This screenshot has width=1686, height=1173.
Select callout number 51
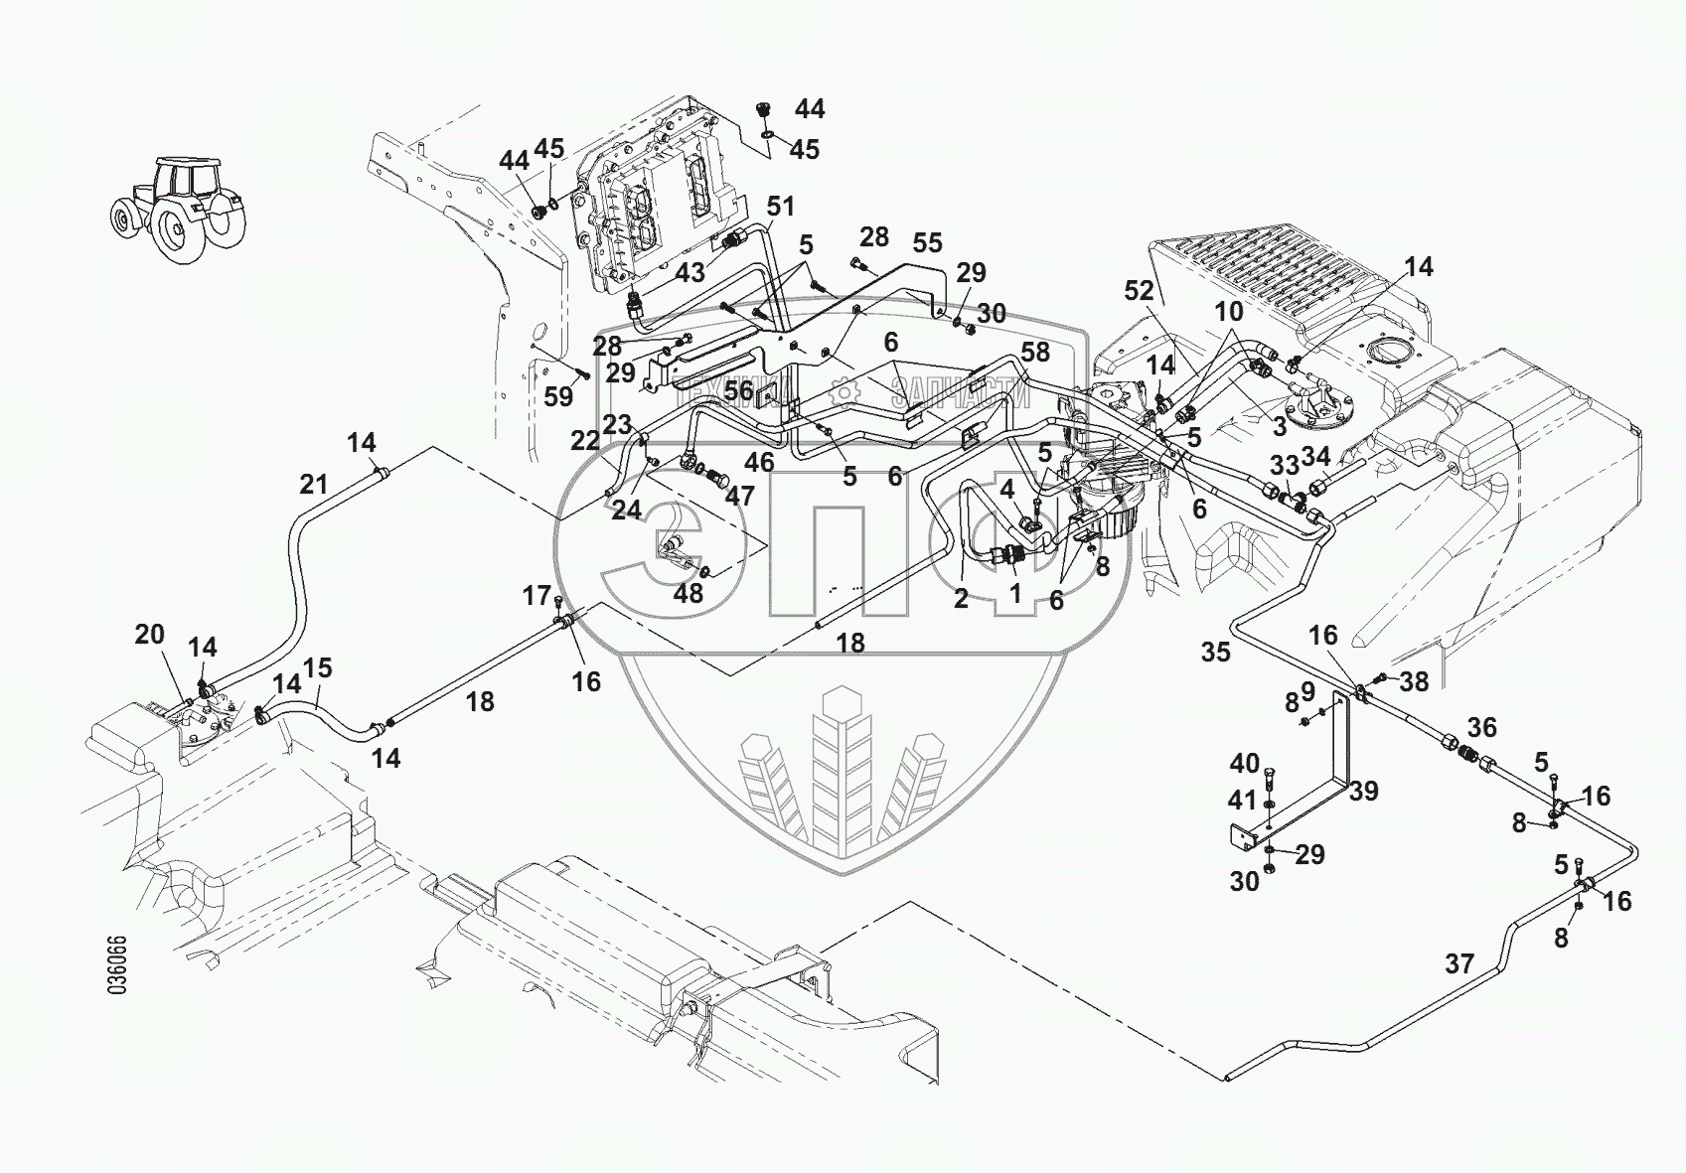(781, 207)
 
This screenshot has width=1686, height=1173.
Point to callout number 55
(928, 243)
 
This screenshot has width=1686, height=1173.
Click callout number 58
(1035, 351)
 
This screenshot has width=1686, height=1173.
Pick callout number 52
(1140, 291)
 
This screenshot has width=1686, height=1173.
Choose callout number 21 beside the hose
(314, 485)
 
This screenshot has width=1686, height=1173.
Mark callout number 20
(149, 634)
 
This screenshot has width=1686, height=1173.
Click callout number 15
(317, 667)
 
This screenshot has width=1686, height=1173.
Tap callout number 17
(536, 595)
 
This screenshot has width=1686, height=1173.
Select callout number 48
(689, 593)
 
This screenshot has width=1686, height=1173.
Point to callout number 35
(1216, 652)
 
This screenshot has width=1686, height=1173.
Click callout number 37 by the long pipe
(1459, 962)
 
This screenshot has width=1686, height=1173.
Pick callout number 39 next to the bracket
(1364, 791)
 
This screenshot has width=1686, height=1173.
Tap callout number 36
(1482, 727)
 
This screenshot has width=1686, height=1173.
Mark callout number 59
(559, 396)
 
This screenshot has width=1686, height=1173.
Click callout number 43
(690, 272)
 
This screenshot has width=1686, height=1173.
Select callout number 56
(738, 391)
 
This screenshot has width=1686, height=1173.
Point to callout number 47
(739, 495)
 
